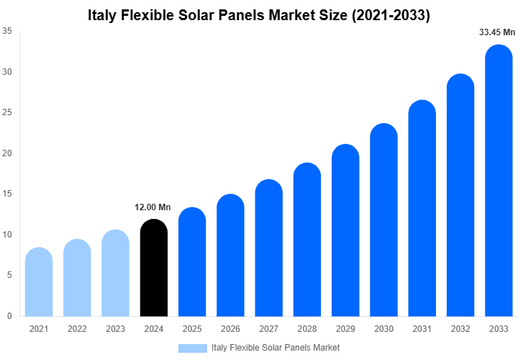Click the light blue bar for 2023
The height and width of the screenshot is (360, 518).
[115, 273]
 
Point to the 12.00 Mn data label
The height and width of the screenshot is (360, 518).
[153, 207]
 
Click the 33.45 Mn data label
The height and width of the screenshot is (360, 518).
[497, 32]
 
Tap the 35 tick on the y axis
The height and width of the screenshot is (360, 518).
[6, 31]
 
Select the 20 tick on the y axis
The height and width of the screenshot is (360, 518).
[6, 153]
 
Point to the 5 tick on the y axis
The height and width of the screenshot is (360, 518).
[9, 275]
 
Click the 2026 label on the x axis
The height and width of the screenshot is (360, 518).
[230, 329]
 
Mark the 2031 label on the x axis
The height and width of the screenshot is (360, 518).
[422, 329]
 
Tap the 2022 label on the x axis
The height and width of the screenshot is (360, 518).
[77, 329]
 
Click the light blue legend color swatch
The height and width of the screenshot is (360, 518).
[192, 348]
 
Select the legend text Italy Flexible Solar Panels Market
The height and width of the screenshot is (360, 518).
[276, 348]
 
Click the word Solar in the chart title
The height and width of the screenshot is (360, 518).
[204, 14]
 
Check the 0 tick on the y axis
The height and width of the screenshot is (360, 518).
[9, 316]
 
